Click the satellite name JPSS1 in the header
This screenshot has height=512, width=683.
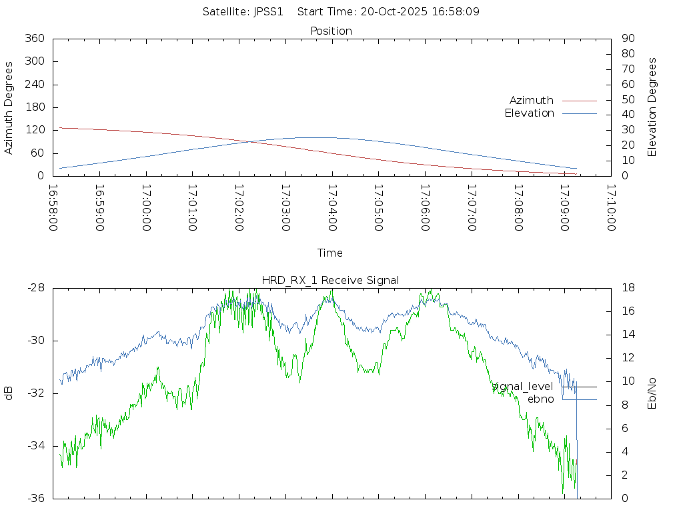(269, 11)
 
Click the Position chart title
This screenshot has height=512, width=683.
(331, 31)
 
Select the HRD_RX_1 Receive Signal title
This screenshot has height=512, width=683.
(331, 280)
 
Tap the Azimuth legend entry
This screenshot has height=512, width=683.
(532, 100)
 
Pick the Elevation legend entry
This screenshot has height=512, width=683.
(530, 113)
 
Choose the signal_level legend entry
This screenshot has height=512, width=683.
(522, 387)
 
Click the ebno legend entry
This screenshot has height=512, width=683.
(541, 399)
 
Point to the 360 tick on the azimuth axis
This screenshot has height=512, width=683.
(34, 39)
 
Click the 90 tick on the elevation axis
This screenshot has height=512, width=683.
(627, 39)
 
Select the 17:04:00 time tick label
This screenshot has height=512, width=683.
(331, 208)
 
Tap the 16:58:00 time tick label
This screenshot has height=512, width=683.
(53, 208)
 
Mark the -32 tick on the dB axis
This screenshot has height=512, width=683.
(35, 393)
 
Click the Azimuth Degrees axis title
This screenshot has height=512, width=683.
(9, 107)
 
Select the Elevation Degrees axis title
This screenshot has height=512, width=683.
(652, 107)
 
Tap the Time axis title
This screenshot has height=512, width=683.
(330, 253)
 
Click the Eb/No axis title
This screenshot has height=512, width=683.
(652, 393)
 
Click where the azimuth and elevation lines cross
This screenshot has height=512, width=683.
(248, 141)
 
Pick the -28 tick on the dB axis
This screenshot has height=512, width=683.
(35, 288)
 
